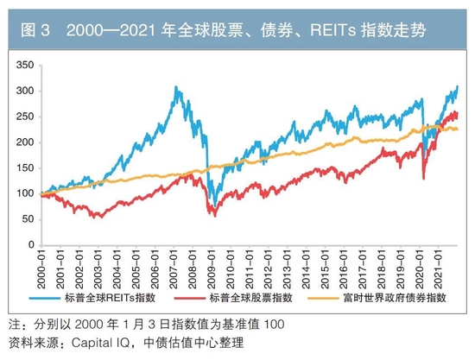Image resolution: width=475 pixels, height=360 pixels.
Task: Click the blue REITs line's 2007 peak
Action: tap(176, 87)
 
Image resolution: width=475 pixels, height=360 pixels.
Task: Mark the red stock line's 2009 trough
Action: tap(213, 214)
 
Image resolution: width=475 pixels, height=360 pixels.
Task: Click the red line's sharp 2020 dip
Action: tap(423, 179)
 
